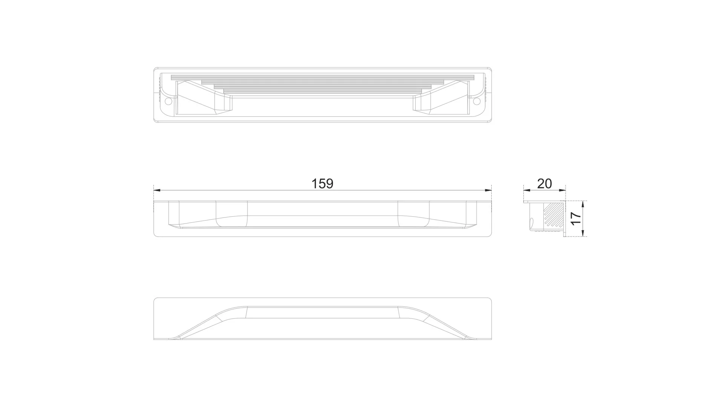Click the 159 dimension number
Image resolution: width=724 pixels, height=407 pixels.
322,184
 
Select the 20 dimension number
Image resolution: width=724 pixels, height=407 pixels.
544,184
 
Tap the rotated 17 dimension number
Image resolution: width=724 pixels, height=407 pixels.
575,219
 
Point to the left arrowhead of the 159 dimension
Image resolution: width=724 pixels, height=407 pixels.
158,190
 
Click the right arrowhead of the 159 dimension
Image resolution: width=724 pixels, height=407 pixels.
488,190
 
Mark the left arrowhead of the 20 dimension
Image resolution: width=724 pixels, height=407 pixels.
527,190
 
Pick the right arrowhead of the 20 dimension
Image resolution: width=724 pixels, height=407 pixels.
562,190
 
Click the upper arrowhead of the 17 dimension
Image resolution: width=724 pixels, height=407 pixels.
583,205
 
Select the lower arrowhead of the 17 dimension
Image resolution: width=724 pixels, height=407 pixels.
583,233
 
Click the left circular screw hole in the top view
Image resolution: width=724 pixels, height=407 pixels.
169,101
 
